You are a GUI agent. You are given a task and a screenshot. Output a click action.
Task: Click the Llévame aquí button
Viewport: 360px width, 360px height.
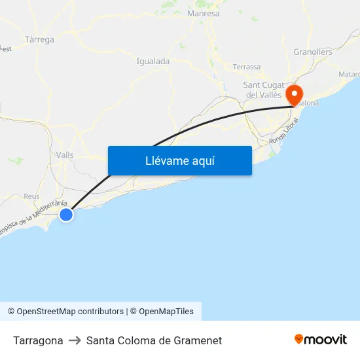coord(179,160)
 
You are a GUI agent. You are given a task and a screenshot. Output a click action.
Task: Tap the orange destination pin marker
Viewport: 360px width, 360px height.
coord(294,93)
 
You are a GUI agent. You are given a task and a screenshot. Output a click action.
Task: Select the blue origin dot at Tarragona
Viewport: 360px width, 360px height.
coord(66,214)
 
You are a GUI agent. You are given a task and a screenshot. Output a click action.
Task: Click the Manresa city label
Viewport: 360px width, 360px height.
coord(203,13)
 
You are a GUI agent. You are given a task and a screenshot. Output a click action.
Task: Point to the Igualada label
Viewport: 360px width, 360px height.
coord(153,62)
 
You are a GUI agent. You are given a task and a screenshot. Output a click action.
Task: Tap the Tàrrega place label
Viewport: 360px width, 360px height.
coord(39,39)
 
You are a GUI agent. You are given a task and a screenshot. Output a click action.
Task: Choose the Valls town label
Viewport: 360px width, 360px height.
coord(65,155)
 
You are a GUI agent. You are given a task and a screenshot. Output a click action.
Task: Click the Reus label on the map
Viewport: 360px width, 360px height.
coord(31,196)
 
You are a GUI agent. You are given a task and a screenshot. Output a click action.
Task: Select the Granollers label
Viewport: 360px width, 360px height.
coord(312,52)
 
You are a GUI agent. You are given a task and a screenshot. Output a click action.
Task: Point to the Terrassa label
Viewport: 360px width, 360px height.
coord(246,67)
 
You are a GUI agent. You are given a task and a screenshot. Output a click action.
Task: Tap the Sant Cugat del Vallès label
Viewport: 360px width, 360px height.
coord(263,90)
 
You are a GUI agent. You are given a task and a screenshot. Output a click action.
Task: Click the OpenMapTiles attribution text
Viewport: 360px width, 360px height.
coord(166,312)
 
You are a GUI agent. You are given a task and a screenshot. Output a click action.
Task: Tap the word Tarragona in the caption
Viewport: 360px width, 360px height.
coord(38,340)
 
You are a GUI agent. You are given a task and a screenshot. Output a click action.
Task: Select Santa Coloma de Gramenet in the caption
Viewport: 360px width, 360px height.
coord(154,340)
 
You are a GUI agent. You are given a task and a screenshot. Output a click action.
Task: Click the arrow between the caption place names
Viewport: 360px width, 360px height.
coord(75,340)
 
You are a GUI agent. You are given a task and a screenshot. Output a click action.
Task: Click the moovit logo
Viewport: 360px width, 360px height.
coord(320,339)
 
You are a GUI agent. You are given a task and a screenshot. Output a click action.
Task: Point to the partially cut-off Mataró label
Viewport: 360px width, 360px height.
coord(349,75)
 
